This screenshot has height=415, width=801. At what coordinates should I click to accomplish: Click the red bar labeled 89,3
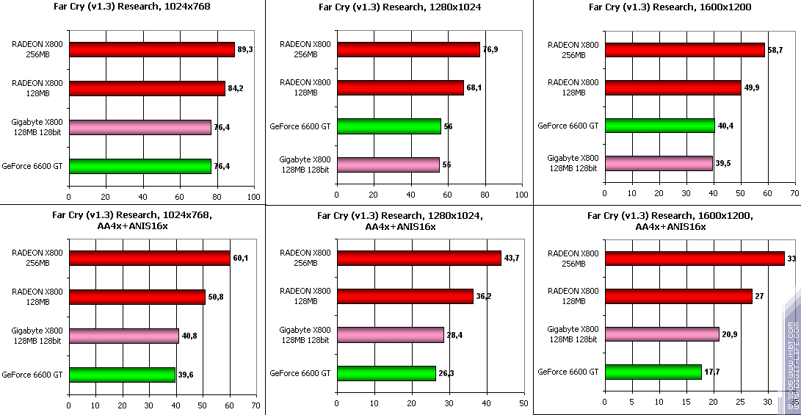click(151, 49)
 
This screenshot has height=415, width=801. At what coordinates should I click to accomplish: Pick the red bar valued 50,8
click(137, 297)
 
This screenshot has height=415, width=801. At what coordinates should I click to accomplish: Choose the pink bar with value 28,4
click(390, 335)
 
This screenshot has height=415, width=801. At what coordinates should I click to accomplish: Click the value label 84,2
click(235, 88)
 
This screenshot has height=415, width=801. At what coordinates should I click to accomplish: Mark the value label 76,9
click(490, 50)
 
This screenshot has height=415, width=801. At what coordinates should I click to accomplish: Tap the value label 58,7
click(775, 50)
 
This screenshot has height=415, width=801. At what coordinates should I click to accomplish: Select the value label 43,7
click(512, 259)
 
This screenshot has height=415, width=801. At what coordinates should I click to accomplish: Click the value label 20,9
click(730, 335)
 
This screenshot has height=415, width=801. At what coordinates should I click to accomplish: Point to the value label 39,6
click(186, 375)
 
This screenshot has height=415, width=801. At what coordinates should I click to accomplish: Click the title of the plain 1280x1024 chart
click(400, 8)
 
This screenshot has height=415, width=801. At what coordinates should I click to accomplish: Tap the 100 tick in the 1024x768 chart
click(254, 197)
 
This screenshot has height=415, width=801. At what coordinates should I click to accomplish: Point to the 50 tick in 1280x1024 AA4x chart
click(523, 405)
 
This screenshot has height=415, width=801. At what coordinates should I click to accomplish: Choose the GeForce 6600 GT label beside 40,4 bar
click(568, 126)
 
